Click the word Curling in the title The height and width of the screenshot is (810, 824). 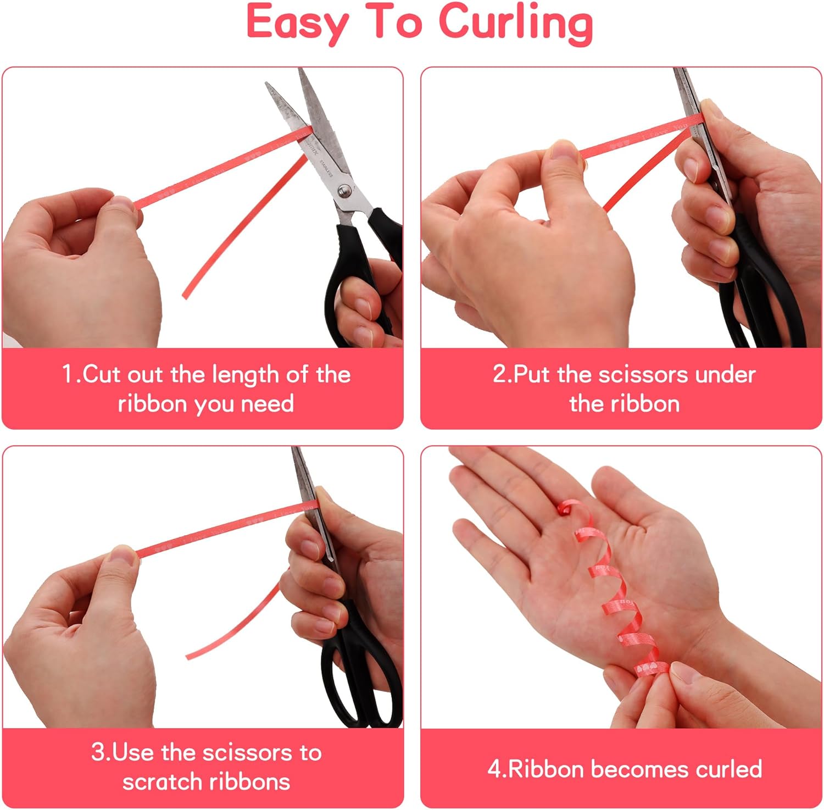pyautogui.click(x=516, y=24)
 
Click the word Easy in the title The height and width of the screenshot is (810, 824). pyautogui.click(x=297, y=24)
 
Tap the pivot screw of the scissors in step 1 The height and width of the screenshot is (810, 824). pyautogui.click(x=344, y=191)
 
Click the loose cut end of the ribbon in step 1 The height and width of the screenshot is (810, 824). pyautogui.click(x=185, y=295)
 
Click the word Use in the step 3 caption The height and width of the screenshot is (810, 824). pyautogui.click(x=133, y=752)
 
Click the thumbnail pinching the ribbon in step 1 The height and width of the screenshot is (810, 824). pyautogui.click(x=123, y=204)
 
